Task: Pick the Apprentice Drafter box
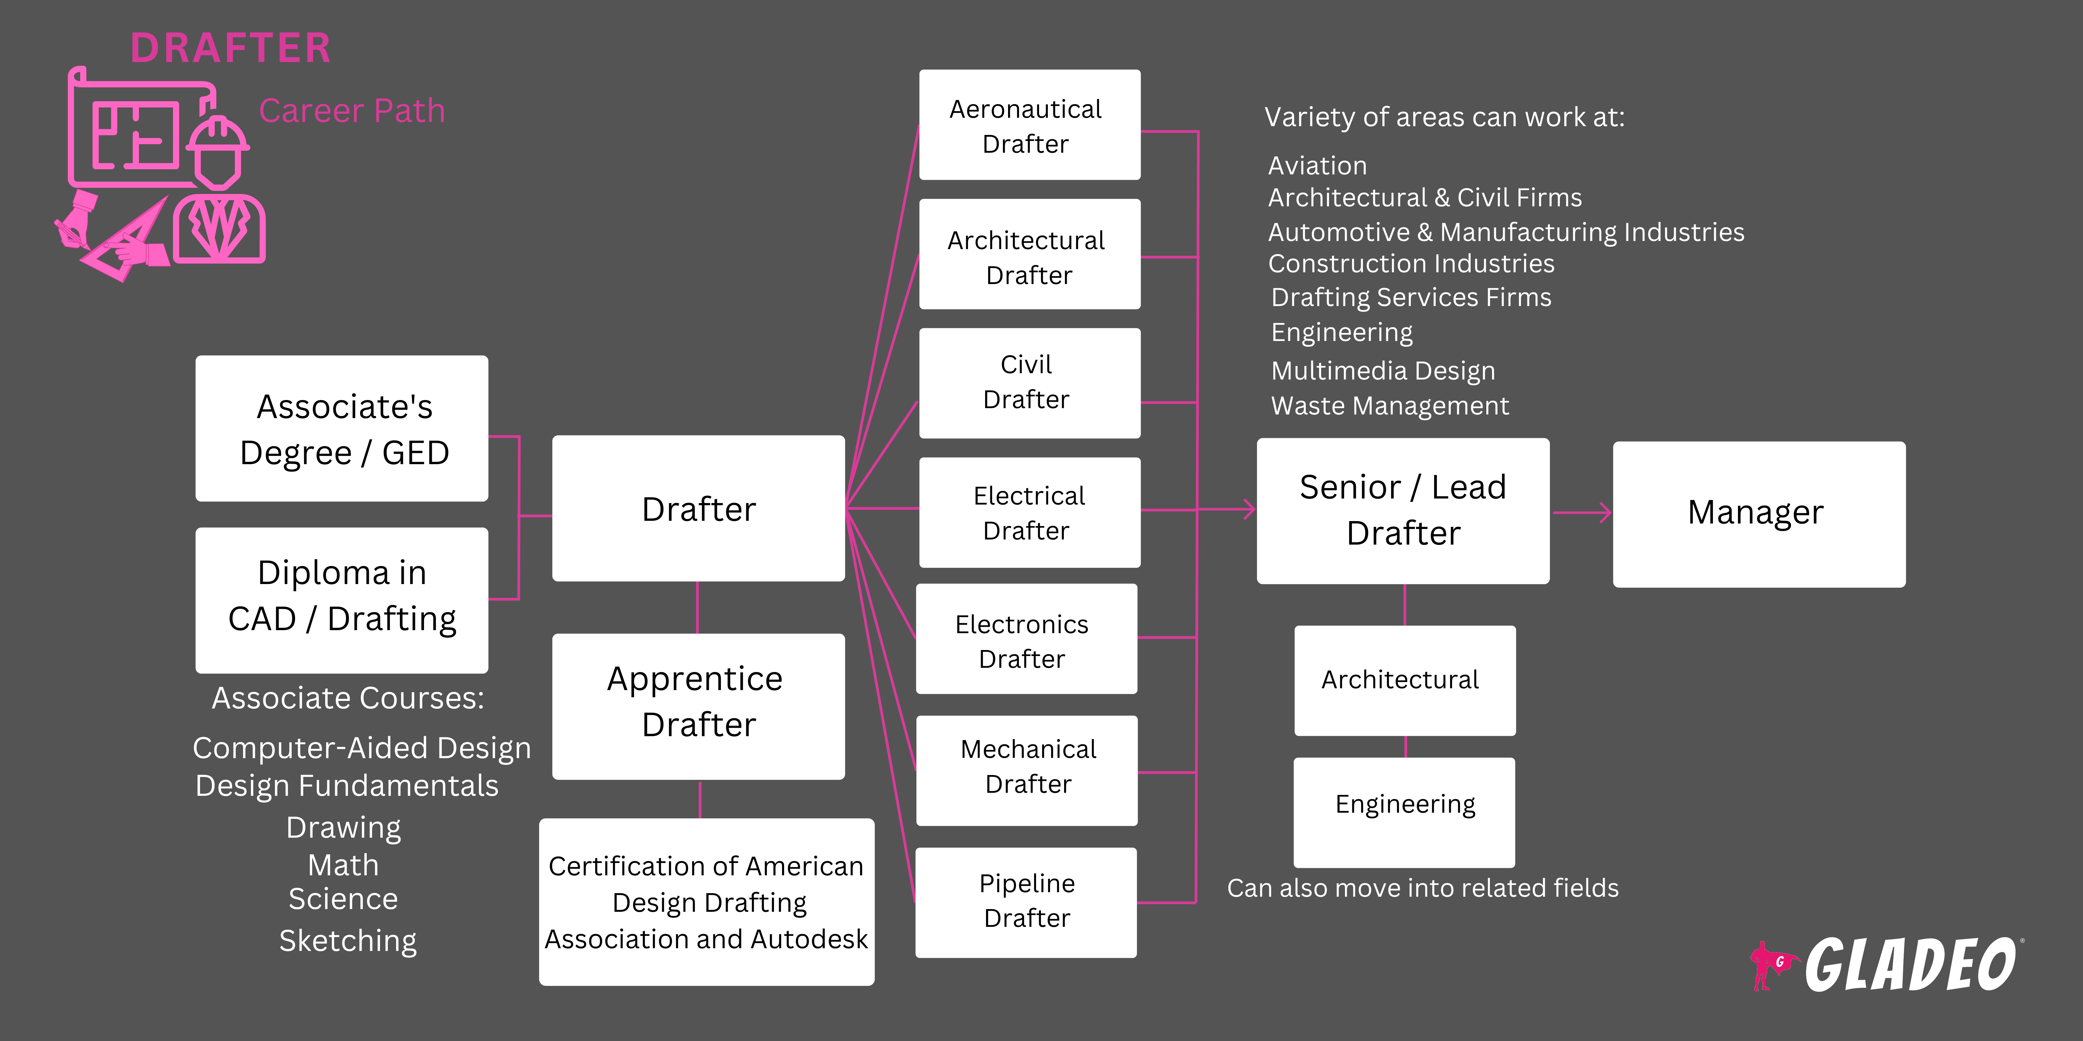click(x=698, y=705)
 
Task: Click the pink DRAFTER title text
click(x=231, y=48)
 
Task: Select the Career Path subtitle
click(x=352, y=111)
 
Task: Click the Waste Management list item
click(x=1389, y=406)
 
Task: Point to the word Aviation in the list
click(x=1317, y=166)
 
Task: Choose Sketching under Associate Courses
click(x=348, y=941)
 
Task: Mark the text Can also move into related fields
click(x=1422, y=888)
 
